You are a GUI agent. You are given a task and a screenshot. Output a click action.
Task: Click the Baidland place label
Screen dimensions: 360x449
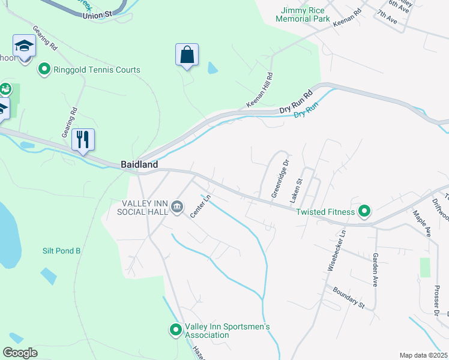(x=139, y=164)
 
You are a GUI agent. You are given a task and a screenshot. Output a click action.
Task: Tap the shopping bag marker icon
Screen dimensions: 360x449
(x=187, y=55)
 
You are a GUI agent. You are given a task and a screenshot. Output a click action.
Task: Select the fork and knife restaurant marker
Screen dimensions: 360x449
(x=83, y=140)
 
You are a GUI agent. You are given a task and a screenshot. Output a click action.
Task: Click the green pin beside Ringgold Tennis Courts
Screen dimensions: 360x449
(x=44, y=70)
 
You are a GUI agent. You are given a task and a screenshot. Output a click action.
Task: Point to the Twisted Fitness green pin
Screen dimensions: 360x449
(x=364, y=211)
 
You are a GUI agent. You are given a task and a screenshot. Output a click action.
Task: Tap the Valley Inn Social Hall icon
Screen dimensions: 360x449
(x=177, y=208)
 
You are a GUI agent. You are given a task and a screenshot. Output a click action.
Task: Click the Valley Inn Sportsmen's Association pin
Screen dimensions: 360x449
(x=175, y=330)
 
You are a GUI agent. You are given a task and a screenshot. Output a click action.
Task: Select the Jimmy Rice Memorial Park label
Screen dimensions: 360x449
(x=303, y=14)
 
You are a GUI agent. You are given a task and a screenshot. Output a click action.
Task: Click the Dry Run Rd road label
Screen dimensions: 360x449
(x=297, y=103)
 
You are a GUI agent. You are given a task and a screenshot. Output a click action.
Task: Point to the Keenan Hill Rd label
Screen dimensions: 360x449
(x=260, y=91)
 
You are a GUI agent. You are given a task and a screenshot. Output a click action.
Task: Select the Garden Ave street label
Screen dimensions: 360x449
(x=375, y=269)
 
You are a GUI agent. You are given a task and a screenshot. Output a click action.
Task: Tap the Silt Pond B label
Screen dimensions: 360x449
(x=61, y=251)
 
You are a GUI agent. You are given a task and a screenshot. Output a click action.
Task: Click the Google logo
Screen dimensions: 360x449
(x=20, y=352)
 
